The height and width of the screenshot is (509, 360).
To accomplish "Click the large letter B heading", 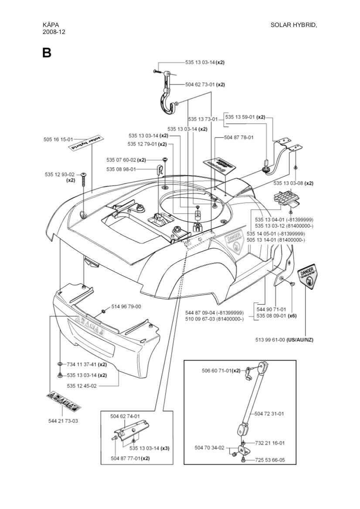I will click(47, 53).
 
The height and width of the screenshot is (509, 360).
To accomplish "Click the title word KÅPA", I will click(51, 25).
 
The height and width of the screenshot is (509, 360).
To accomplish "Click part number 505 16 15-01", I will click(58, 139).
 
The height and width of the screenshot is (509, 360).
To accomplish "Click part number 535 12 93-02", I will click(60, 174).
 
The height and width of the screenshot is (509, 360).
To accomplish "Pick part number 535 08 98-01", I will click(121, 169).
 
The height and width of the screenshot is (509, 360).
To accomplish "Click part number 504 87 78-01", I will click(239, 137).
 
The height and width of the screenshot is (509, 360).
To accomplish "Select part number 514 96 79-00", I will click(126, 307).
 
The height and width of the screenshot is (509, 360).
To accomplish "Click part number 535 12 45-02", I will click(82, 385).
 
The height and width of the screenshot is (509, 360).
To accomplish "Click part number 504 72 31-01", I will click(269, 413).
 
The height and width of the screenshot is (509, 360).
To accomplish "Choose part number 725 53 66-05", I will click(270, 459).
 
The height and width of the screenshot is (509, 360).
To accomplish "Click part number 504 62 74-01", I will click(125, 416).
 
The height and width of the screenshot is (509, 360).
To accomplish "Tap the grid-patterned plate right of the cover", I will click(286, 198).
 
